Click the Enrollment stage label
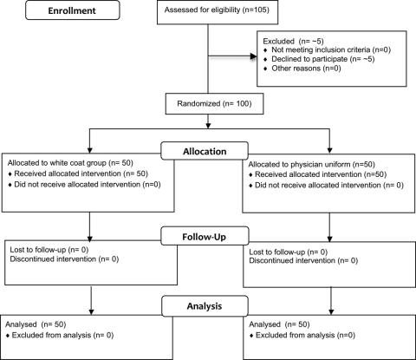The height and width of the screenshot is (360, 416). coord(72,10)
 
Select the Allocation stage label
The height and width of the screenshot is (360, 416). coord(205,152)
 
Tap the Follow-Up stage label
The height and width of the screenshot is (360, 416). coord(205,237)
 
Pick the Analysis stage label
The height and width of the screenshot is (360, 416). coord(205,306)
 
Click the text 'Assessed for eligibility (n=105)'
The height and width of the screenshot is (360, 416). coord(217,10)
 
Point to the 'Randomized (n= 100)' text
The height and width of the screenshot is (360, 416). coord(214,103)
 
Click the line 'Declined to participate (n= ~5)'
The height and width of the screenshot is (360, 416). coord(323,59)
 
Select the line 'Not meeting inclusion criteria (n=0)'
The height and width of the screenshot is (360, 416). coord(331,49)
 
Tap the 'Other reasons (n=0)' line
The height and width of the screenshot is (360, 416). coord(306,69)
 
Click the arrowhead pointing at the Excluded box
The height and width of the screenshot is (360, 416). coord(254,56)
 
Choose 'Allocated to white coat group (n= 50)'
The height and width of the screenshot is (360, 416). coord(70,163)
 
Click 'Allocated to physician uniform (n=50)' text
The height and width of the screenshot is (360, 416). coord(311,165)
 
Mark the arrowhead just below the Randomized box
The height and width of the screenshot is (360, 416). coord(208,125)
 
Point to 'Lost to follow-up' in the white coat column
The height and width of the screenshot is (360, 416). coord(38,250)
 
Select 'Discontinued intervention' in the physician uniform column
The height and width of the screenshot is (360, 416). coord(292,260)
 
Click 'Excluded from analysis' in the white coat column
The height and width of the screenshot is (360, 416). coord(51,335)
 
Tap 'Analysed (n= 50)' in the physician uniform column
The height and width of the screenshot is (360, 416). coord(279,324)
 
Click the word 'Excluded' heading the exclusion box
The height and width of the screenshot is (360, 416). coord(278,41)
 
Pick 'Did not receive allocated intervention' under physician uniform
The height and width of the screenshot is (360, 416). coord(318,185)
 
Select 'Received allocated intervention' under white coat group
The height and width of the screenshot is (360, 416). coord(68,173)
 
